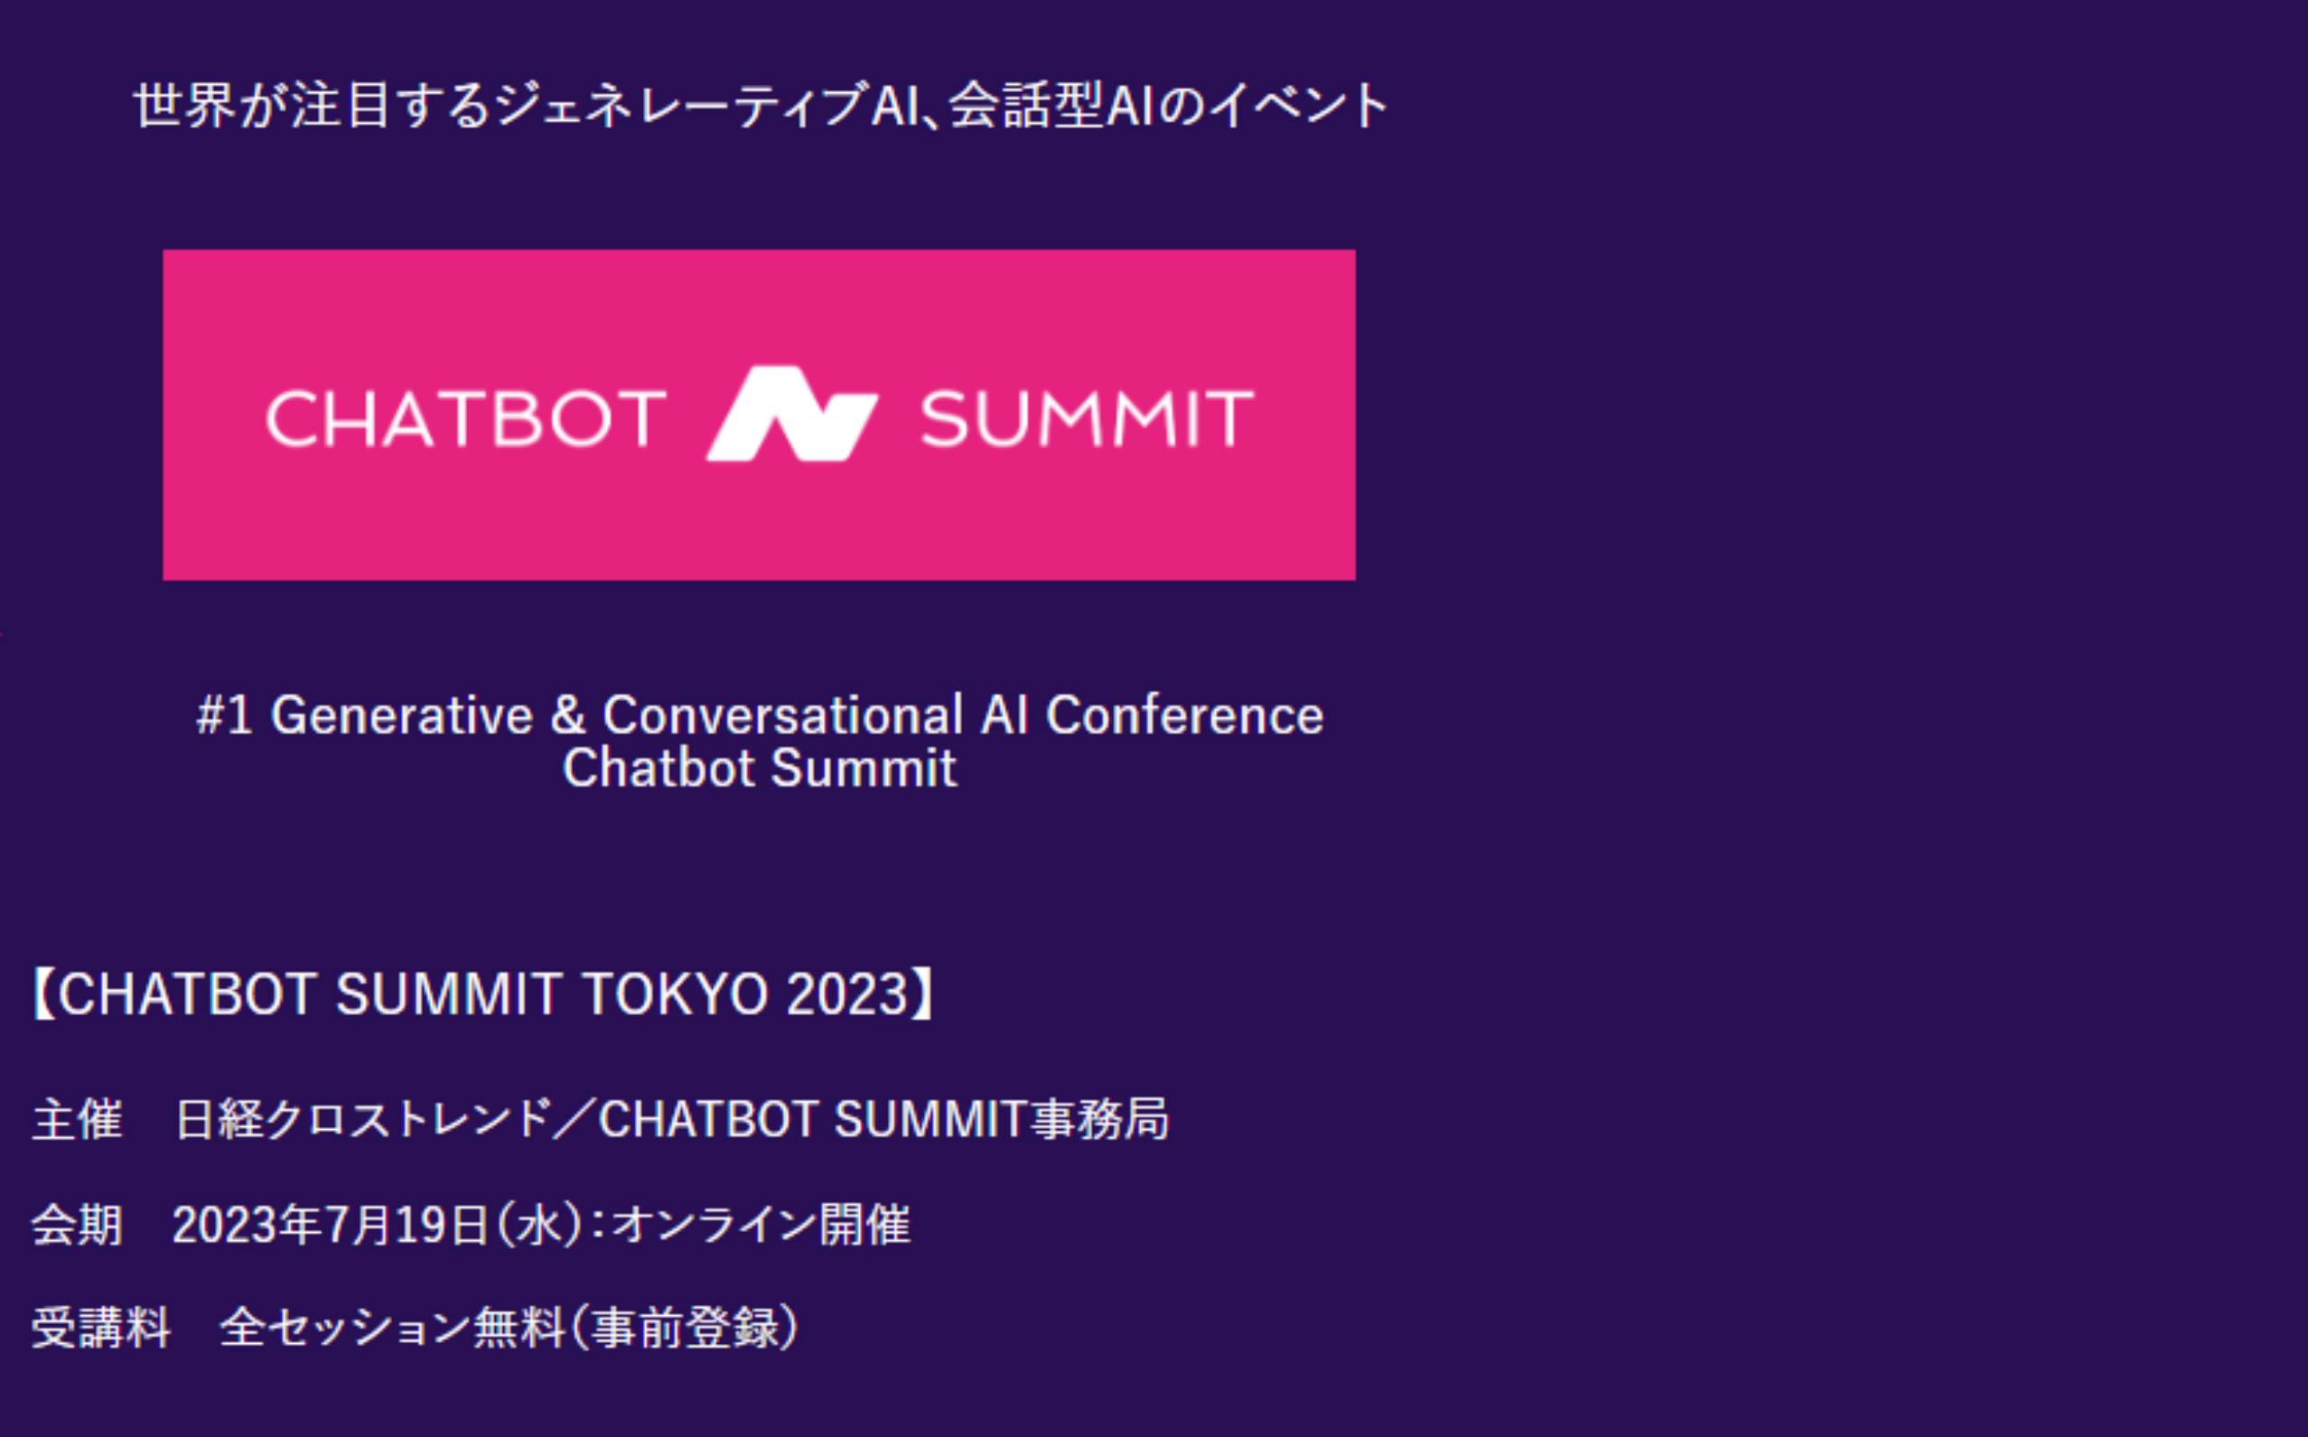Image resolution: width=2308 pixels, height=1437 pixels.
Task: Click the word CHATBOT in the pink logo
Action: pyautogui.click(x=466, y=418)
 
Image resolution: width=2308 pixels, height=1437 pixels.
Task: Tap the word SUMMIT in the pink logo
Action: pyautogui.click(x=1087, y=418)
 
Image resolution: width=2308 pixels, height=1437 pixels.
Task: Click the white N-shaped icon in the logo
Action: pyautogui.click(x=791, y=414)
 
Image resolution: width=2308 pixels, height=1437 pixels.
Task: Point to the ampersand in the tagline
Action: pyautogui.click(x=567, y=714)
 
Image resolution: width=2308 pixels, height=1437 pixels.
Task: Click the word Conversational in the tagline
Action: pyautogui.click(x=783, y=714)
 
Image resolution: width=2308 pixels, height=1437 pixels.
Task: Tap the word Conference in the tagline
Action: pyautogui.click(x=1184, y=714)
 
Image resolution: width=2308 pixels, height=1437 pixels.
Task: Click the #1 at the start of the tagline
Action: pyautogui.click(x=224, y=714)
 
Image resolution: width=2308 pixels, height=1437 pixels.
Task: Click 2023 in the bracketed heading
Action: pyautogui.click(x=847, y=994)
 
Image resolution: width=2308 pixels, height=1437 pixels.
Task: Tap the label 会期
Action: pyautogui.click(x=77, y=1224)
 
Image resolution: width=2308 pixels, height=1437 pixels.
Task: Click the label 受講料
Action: pyautogui.click(x=101, y=1328)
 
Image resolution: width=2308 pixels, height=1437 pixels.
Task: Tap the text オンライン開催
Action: pyautogui.click(x=761, y=1224)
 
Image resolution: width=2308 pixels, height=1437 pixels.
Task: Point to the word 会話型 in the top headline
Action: pyautogui.click(x=1024, y=105)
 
